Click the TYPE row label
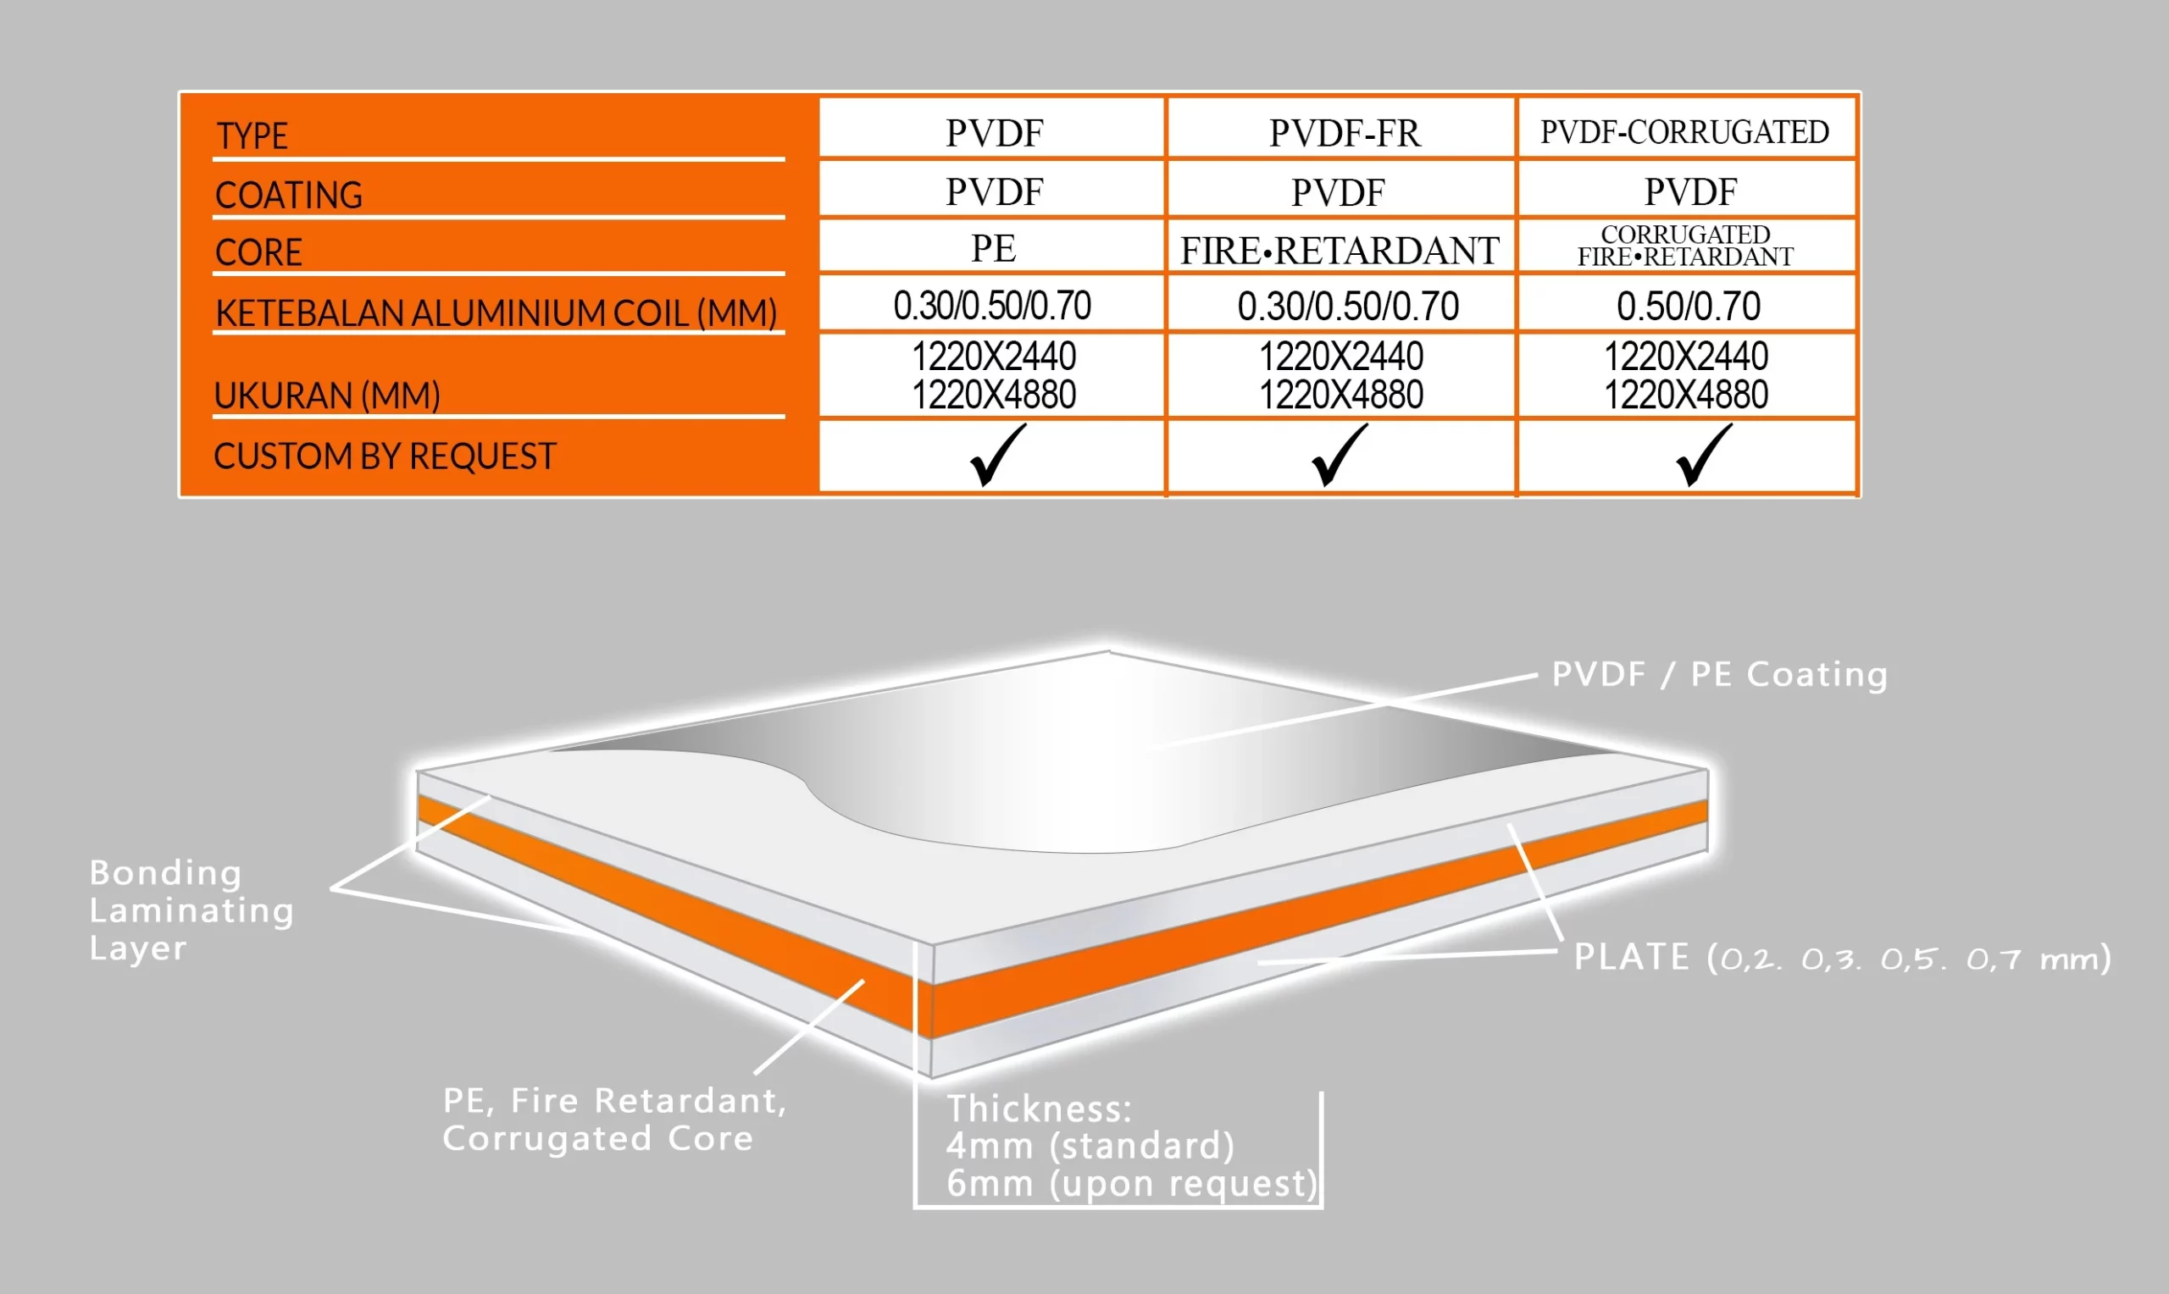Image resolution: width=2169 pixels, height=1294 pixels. coord(252,136)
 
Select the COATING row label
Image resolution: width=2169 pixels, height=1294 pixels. coord(289,196)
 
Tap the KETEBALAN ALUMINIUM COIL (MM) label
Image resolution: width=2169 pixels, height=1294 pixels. coord(496,313)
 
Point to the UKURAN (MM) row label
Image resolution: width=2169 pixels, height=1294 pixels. coord(327,395)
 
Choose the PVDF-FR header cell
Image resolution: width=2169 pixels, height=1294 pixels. coord(1344,134)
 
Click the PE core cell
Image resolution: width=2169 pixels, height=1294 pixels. coord(993,248)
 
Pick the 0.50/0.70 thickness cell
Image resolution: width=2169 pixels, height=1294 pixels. coord(1688,306)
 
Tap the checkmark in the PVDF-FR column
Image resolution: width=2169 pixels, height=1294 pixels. coord(1339,455)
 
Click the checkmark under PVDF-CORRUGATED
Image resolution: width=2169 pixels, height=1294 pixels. coord(1703,455)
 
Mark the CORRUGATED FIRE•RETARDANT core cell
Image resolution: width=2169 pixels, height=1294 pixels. coord(1685,246)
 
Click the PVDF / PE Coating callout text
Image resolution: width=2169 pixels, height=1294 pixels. coord(1719,674)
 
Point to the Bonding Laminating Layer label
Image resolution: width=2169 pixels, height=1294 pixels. coord(191,910)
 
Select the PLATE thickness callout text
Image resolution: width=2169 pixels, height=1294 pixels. coord(1842,958)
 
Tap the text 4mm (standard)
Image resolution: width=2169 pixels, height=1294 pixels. coord(1090,1146)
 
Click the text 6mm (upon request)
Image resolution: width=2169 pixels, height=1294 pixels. coord(1131,1184)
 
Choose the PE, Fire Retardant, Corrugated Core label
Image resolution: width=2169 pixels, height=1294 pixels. coord(614,1119)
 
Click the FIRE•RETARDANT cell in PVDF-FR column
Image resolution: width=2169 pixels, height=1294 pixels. coord(1340,252)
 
